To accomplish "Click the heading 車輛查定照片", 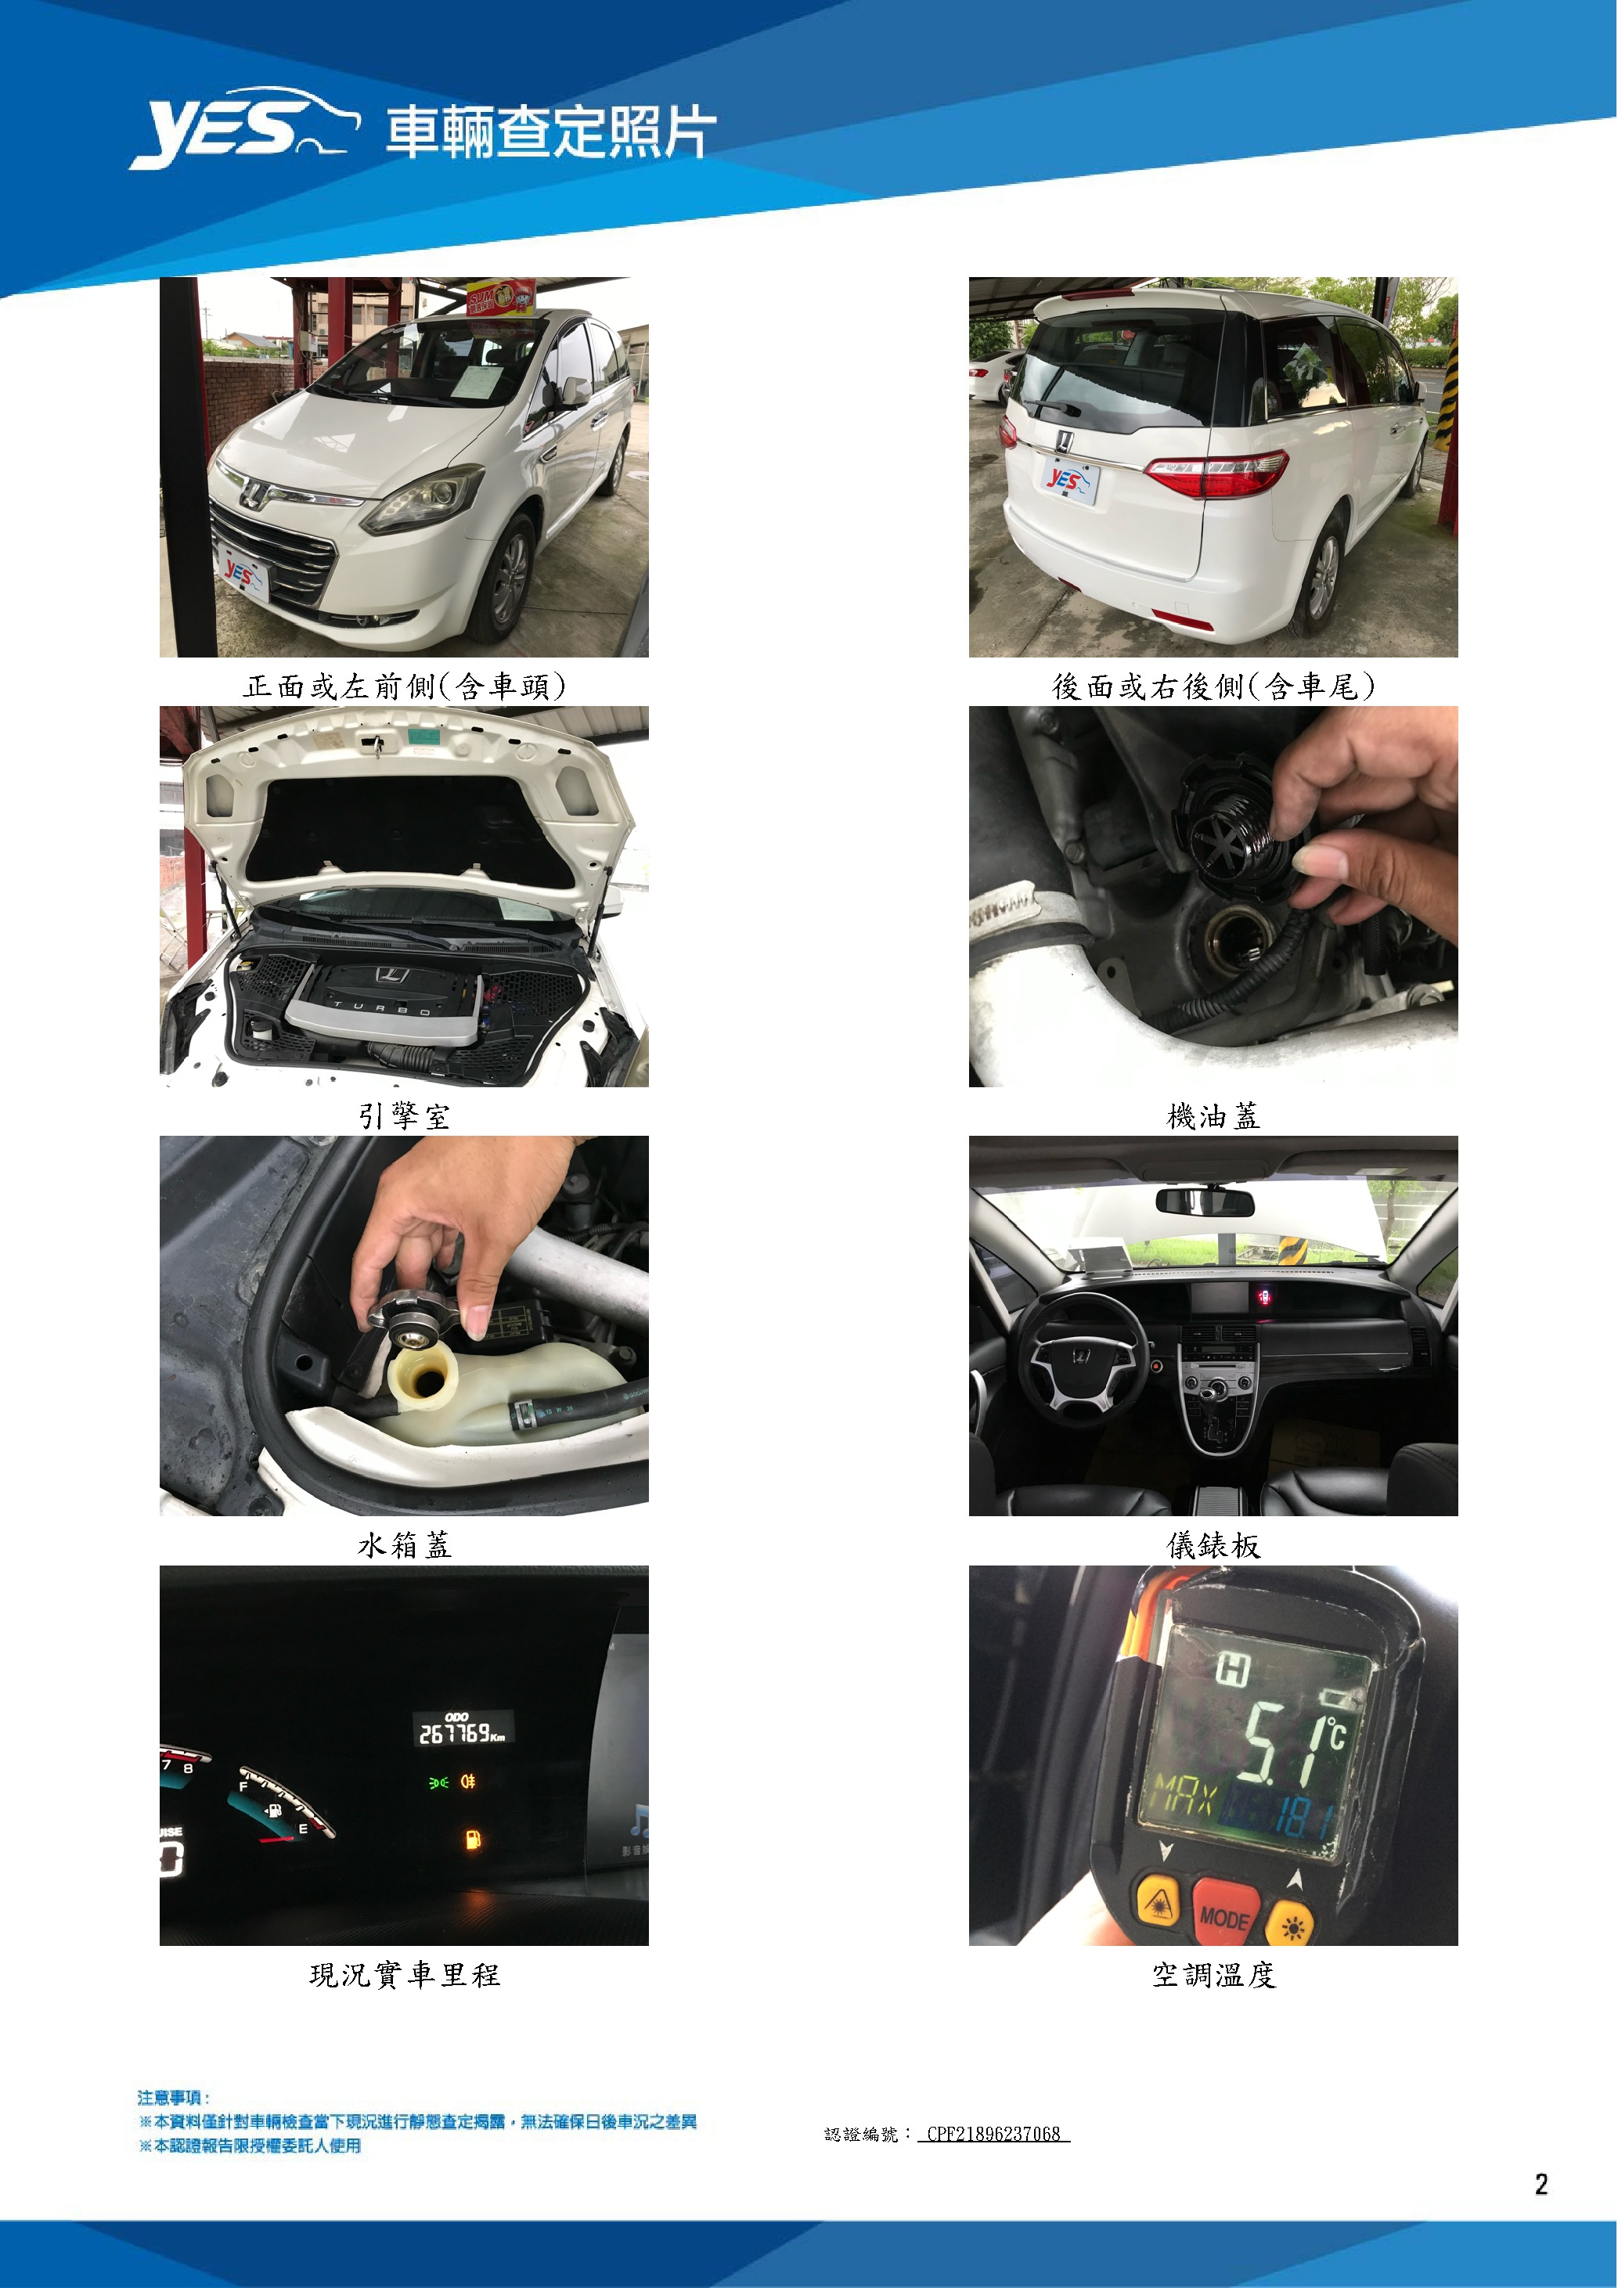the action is coord(551,132).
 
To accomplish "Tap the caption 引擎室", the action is coord(405,1116).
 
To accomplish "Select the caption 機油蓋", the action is coord(1213,1116).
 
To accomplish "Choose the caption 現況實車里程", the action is coord(405,1975).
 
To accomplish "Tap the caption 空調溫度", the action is coord(1213,1975).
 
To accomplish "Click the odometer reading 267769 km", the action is coord(461,1733).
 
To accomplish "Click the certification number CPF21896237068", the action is coord(993,2134).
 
